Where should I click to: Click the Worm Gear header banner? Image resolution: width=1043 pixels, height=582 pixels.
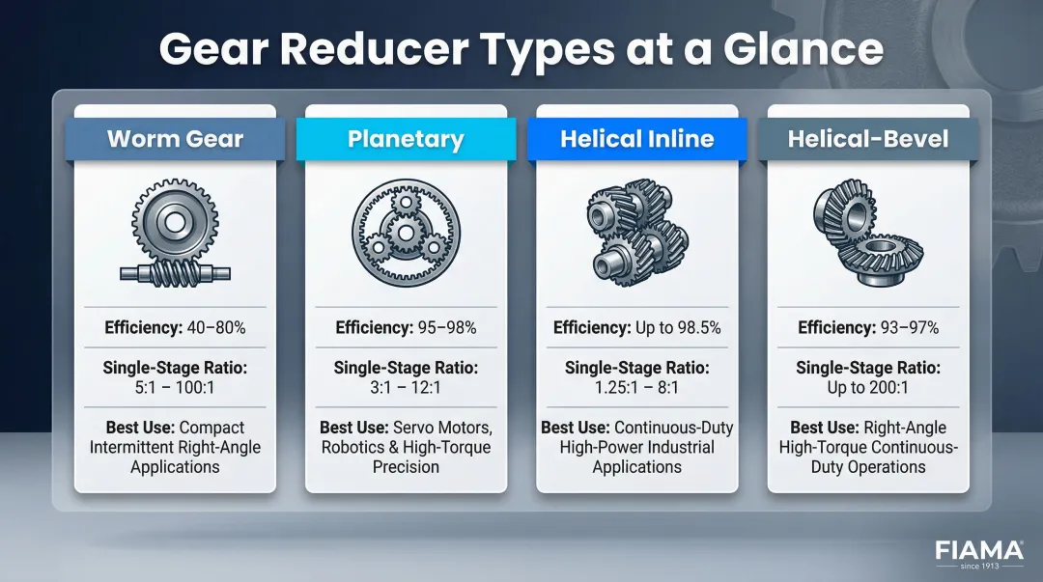[x=175, y=139]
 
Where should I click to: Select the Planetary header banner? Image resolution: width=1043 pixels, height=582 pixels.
[x=406, y=139]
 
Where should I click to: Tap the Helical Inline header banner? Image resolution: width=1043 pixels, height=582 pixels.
[x=636, y=139]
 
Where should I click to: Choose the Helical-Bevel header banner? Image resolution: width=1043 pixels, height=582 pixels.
[x=868, y=139]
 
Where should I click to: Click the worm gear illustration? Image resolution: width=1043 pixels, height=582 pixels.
[x=175, y=235]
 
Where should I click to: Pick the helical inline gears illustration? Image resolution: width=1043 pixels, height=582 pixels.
[x=636, y=235]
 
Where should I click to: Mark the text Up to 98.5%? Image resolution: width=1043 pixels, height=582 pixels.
[x=677, y=328]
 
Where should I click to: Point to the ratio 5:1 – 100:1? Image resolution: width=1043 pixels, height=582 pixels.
[x=175, y=388]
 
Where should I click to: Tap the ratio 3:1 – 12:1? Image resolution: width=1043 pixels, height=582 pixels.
[x=406, y=388]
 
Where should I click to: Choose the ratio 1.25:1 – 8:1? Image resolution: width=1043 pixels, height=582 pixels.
[x=636, y=388]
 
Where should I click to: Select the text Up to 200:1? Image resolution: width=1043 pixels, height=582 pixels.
[x=868, y=388]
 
